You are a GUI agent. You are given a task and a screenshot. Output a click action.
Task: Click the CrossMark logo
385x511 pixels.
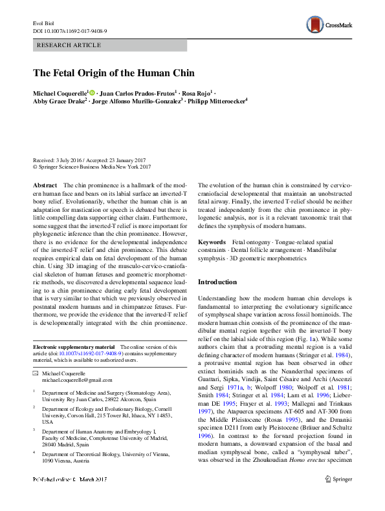click(330, 26)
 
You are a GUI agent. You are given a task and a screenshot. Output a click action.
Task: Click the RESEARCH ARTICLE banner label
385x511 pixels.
click(70, 45)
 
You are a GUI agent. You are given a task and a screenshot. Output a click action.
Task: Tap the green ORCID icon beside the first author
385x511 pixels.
click(92, 92)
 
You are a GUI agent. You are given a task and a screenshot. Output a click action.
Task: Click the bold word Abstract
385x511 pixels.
click(45, 185)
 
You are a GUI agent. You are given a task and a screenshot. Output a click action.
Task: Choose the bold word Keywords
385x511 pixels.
click(212, 241)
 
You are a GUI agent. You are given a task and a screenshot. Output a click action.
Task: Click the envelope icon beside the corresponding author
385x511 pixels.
click(36, 374)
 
